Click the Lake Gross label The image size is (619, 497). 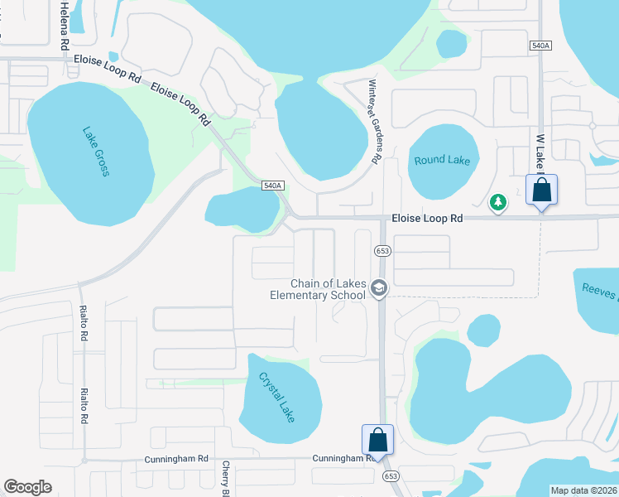(96, 151)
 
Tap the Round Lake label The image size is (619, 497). (442, 160)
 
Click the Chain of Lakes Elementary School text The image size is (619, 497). (318, 289)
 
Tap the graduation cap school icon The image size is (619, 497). (379, 287)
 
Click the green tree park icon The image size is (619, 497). (498, 201)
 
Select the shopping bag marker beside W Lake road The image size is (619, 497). (541, 190)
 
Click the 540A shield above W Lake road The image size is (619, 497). (540, 46)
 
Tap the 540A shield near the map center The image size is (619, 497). (273, 186)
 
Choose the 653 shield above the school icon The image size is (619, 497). (381, 250)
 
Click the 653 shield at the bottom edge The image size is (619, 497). (391, 476)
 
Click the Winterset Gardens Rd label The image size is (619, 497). (373, 121)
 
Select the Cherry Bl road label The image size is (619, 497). (225, 480)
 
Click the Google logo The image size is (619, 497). (27, 487)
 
